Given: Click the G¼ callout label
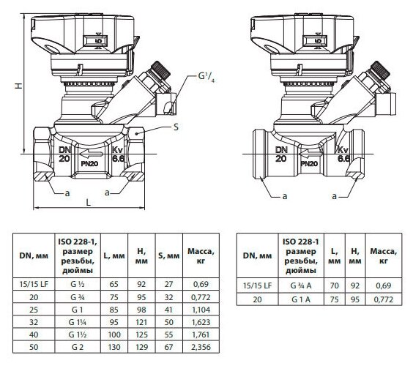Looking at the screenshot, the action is pyautogui.click(x=206, y=77).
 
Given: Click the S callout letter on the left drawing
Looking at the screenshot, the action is pyautogui.click(x=176, y=127).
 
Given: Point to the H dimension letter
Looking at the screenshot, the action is pyautogui.click(x=18, y=86).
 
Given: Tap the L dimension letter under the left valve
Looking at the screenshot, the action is pyautogui.click(x=89, y=202).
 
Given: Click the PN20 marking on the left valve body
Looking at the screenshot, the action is pyautogui.click(x=89, y=164).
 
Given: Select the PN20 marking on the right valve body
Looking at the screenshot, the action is pyautogui.click(x=309, y=164).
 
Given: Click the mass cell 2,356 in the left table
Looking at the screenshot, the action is pyautogui.click(x=201, y=347).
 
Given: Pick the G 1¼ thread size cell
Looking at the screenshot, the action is pyautogui.click(x=78, y=322).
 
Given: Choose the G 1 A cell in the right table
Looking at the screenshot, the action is pyautogui.click(x=301, y=299).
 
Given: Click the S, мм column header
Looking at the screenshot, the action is pyautogui.click(x=169, y=255).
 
